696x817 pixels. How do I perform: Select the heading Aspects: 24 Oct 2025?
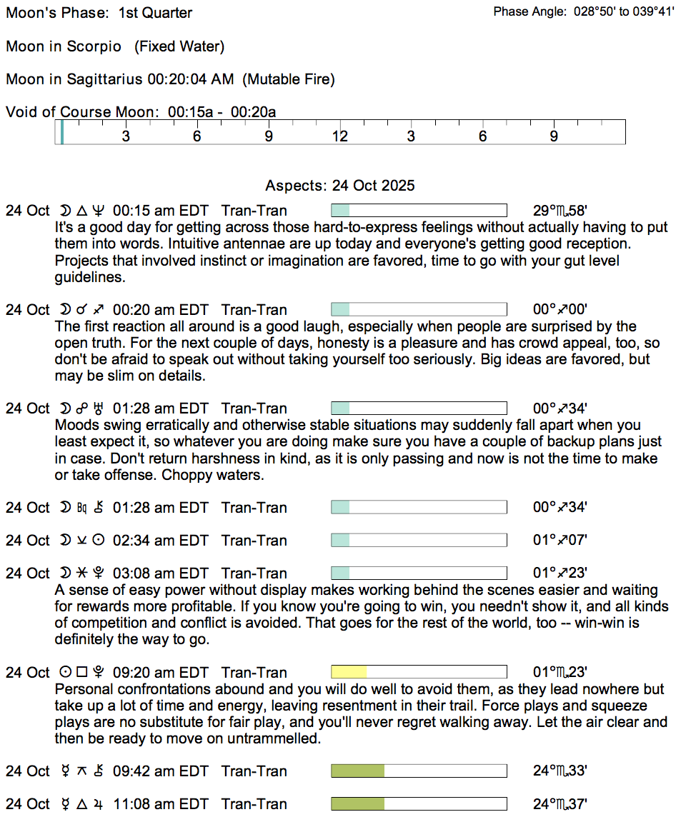pyautogui.click(x=339, y=186)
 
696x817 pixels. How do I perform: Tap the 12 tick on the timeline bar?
pyautogui.click(x=339, y=136)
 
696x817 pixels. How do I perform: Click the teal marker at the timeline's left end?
pyautogui.click(x=62, y=133)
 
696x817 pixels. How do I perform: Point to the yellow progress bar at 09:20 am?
pyautogui.click(x=349, y=672)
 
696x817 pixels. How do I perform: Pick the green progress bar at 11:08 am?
pyautogui.click(x=357, y=804)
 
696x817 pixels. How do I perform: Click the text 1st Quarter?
pyautogui.click(x=155, y=13)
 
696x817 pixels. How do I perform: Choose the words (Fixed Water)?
pyautogui.click(x=179, y=46)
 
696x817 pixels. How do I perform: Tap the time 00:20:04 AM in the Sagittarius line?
pyautogui.click(x=190, y=79)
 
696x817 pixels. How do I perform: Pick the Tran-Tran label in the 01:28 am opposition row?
pyautogui.click(x=254, y=408)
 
